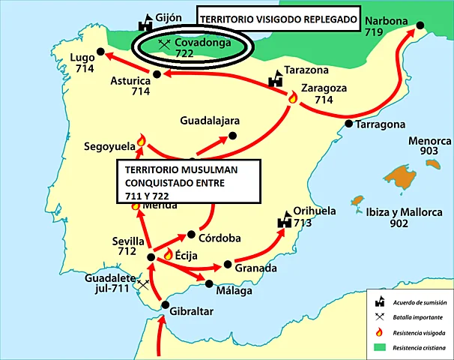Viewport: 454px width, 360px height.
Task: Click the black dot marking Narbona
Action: (x=421, y=26)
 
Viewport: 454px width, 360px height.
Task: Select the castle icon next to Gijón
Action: (x=144, y=23)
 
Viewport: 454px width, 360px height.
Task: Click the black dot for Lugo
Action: (x=99, y=53)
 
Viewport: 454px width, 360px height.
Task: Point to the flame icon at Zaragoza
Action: (x=293, y=97)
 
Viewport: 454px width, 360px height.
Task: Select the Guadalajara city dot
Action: (x=232, y=136)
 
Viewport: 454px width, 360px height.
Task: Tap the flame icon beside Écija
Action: (x=168, y=254)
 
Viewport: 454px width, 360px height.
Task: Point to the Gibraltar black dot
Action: (x=166, y=304)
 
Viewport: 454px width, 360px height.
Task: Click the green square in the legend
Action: (x=381, y=348)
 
